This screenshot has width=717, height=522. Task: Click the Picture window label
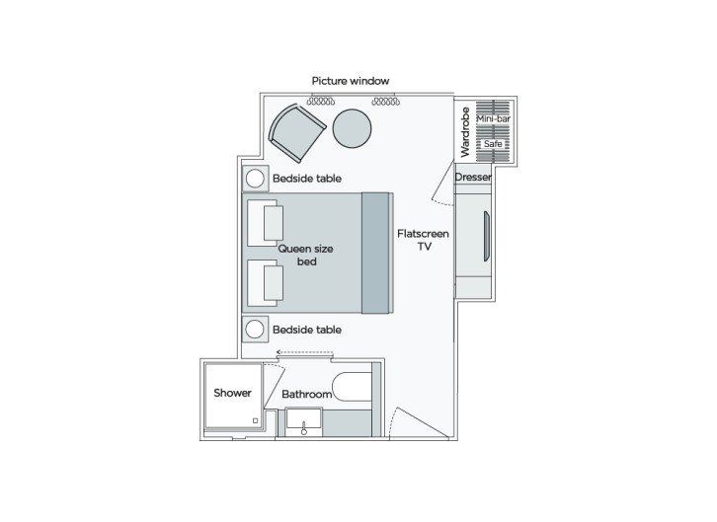[351, 80]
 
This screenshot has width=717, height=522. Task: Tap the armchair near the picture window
[295, 132]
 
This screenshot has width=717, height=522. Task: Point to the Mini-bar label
[493, 118]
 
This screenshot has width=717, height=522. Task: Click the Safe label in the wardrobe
[493, 144]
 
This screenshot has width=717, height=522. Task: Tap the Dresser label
[473, 178]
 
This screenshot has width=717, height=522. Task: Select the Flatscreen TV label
[424, 242]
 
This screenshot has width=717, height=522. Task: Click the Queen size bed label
[305, 256]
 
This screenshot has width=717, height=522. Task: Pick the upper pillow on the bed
[274, 223]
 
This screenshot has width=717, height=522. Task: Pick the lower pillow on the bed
[274, 283]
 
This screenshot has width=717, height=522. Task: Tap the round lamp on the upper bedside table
[255, 179]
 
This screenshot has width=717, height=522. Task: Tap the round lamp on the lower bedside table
[255, 329]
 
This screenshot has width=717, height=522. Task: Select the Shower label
[233, 394]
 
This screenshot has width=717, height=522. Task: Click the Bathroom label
[306, 395]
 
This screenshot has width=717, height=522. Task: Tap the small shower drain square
[256, 420]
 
